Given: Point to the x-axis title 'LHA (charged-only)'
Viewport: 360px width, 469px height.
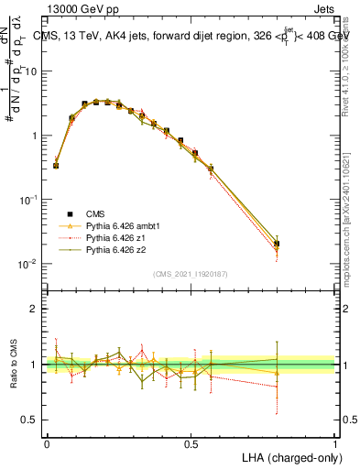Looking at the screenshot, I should point(288,456).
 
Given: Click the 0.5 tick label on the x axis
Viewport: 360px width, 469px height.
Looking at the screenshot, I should point(191,443).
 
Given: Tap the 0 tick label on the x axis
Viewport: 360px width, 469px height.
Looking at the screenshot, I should point(47,443).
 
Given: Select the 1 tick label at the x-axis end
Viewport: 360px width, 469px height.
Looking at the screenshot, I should point(334,443).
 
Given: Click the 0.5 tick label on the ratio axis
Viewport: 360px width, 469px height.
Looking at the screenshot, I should point(32,420).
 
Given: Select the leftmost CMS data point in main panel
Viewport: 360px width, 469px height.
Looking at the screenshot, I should point(56,166).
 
